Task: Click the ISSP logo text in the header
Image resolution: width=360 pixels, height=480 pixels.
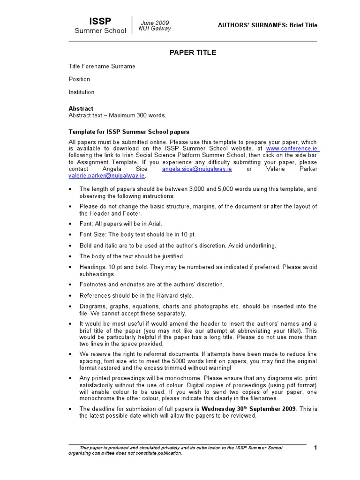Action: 100,21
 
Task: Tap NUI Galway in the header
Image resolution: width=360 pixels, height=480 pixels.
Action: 155,29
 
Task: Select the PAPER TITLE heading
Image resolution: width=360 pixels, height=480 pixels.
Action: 193,52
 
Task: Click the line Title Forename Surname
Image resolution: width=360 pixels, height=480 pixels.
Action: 102,66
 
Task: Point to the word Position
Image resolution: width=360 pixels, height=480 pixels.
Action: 79,79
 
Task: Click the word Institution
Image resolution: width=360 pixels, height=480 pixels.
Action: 82,92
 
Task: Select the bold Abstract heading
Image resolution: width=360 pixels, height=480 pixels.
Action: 81,108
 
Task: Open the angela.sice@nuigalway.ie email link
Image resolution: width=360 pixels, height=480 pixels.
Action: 197,169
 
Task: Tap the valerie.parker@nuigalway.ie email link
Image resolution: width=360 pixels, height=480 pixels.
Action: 107,176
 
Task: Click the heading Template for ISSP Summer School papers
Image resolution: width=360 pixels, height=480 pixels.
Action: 129,132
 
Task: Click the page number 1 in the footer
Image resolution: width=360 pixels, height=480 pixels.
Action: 315,448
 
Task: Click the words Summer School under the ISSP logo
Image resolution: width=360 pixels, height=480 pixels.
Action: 100,31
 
